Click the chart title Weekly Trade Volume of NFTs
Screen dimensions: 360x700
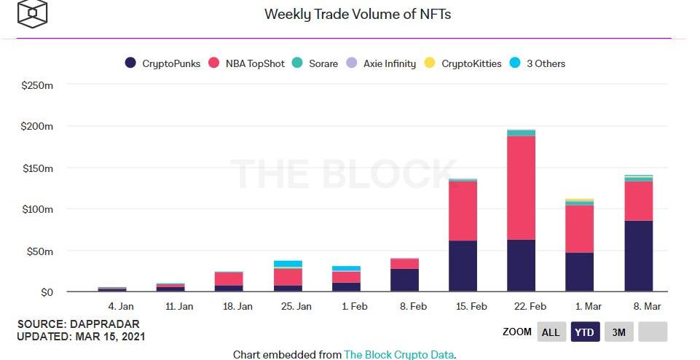click(x=357, y=14)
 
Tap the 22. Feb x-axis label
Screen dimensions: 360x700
click(x=530, y=307)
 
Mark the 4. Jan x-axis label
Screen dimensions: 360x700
click(x=121, y=307)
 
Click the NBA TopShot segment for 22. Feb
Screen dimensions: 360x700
click(x=521, y=187)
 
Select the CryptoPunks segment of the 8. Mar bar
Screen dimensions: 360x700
click(x=638, y=256)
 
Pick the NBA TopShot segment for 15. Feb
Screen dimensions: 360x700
click(x=463, y=211)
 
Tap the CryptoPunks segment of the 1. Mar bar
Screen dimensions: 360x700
click(x=579, y=272)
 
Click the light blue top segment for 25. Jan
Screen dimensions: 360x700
click(x=288, y=264)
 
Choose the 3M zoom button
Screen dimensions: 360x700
click(x=618, y=332)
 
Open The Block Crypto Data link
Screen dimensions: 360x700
click(x=399, y=355)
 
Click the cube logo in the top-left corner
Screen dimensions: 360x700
click(x=32, y=13)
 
